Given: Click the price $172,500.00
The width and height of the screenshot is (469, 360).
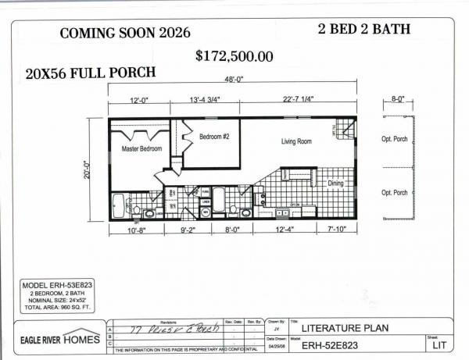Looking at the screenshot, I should pyautogui.click(x=234, y=56).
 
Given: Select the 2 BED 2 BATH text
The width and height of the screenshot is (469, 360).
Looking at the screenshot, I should pyautogui.click(x=363, y=30).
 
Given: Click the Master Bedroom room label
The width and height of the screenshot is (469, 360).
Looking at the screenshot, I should pyautogui.click(x=141, y=147).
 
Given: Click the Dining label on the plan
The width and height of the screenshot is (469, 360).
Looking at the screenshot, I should pyautogui.click(x=335, y=184).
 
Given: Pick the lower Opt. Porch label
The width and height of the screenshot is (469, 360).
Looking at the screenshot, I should pyautogui.click(x=395, y=192).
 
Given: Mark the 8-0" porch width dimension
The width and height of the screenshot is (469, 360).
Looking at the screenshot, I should pyautogui.click(x=396, y=99).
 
